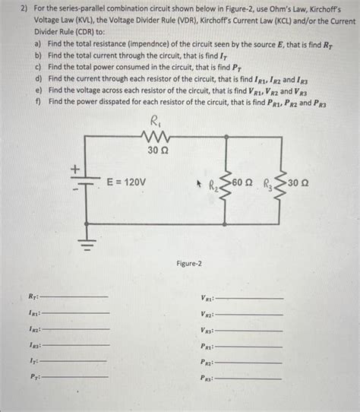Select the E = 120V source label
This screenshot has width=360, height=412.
click(x=127, y=182)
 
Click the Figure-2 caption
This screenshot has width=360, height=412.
click(x=189, y=264)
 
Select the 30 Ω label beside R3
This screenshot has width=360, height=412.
click(x=298, y=182)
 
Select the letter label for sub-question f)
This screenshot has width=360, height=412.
click(x=37, y=101)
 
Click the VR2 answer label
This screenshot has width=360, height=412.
click(x=207, y=315)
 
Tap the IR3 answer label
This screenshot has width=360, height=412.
click(x=34, y=345)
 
